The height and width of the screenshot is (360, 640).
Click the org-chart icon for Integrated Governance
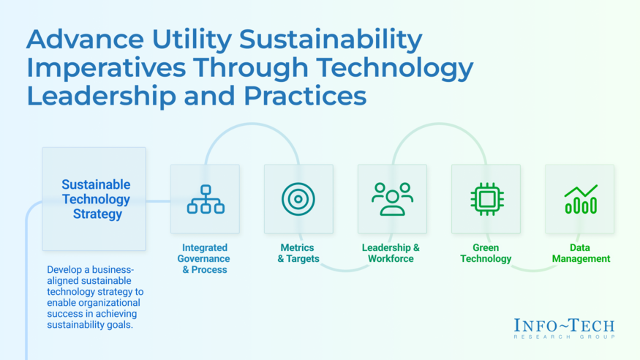point(206,199)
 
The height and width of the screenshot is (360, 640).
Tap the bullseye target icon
point(298,199)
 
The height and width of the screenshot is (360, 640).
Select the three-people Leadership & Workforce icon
point(392,199)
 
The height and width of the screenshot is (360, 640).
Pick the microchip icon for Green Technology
point(486,199)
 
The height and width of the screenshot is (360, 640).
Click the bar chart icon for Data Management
point(580,199)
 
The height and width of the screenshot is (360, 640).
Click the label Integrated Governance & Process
point(204,258)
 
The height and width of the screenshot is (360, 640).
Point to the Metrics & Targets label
point(298,253)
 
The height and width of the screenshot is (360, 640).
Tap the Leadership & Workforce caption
point(391,253)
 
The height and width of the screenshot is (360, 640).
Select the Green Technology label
point(486,253)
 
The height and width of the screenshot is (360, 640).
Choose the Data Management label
point(581,253)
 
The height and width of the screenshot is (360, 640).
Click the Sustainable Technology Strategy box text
point(96,199)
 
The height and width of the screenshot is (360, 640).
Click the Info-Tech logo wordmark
point(564,325)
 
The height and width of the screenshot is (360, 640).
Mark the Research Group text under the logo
point(564,337)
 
